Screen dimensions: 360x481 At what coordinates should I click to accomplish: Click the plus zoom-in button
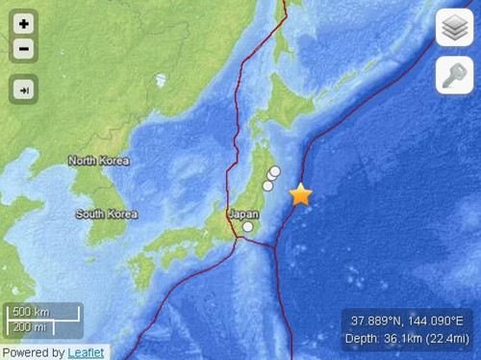coord(23,22)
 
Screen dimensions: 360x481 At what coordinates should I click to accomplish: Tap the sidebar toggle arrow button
coord(23,90)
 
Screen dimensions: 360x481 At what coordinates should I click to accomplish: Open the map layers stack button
coord(454,28)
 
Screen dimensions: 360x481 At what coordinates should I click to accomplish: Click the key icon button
coord(454,74)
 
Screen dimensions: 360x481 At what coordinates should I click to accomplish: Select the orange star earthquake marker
coord(301,194)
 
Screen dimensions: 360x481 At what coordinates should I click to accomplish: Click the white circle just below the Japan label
coord(248,227)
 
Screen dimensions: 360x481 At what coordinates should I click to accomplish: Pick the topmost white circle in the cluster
coord(274,171)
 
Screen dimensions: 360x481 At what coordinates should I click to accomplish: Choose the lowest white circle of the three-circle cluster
coord(267,186)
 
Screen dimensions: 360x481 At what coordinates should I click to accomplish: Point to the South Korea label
coord(105,213)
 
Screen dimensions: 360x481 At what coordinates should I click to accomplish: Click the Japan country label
coord(242,215)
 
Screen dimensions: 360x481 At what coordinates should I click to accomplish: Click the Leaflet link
coord(86,352)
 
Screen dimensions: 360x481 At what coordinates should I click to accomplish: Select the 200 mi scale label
coord(30,327)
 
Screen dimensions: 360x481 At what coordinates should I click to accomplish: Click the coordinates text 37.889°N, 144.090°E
coord(407,321)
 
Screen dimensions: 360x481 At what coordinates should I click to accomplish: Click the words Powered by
coord(33,352)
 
